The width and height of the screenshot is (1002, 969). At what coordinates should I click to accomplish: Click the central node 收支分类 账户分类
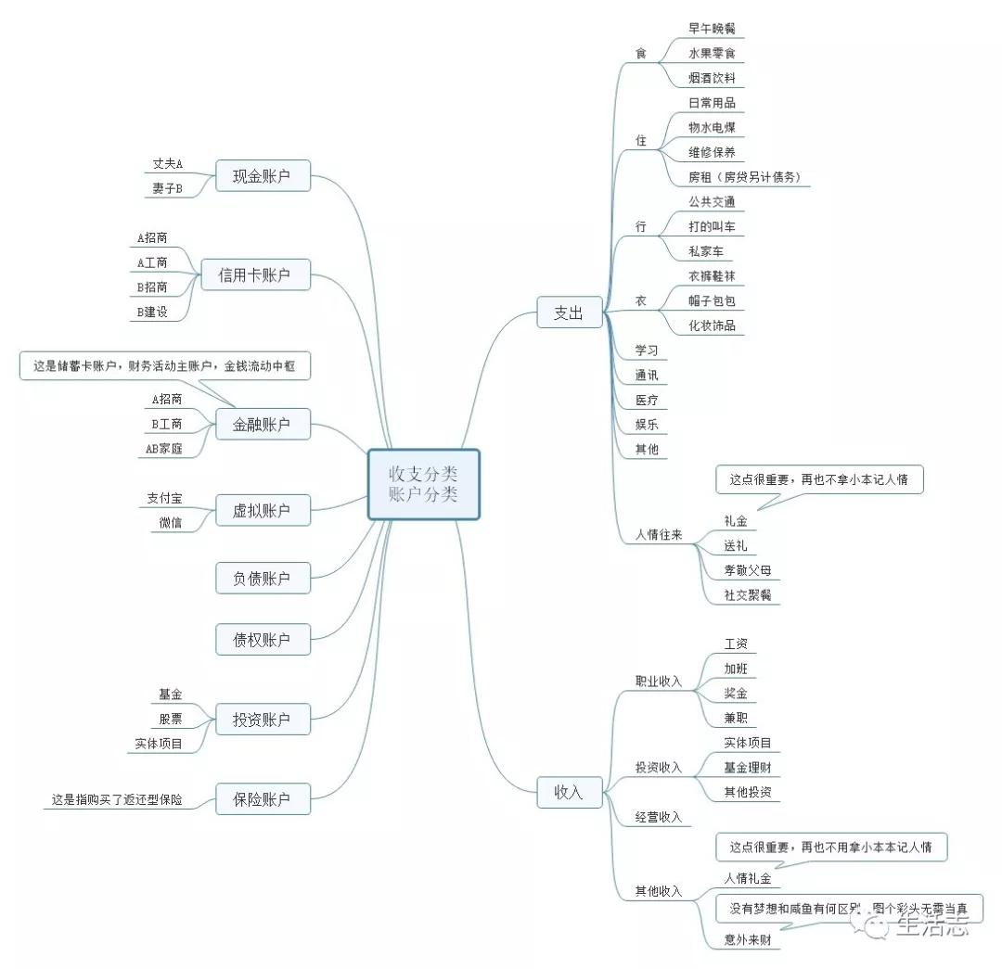coord(423,483)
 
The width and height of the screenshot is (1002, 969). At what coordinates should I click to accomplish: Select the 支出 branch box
coord(569,312)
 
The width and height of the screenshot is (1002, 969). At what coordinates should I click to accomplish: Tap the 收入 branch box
coord(569,792)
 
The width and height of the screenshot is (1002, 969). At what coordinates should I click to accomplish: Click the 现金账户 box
coord(263,175)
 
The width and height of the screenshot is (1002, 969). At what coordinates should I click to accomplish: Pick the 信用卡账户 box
coord(254,274)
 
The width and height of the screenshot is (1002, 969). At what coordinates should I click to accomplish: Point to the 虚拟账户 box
coord(263,510)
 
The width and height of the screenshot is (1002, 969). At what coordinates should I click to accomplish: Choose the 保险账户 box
coord(263,798)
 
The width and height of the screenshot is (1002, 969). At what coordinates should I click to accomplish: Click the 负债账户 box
coord(263,579)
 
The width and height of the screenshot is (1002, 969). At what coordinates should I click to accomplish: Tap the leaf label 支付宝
coord(164,499)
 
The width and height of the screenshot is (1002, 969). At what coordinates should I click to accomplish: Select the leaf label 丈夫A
coord(168,164)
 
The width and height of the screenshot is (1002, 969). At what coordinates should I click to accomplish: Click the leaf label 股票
coord(170,719)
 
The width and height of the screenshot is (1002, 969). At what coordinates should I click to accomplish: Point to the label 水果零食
coord(712,54)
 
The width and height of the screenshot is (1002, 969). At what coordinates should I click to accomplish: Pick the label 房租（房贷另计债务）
coord(744,176)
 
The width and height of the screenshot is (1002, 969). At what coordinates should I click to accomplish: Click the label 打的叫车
coord(712,226)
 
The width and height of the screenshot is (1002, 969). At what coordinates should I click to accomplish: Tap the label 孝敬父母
coord(747,570)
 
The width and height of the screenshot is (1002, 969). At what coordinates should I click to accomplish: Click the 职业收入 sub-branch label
coord(658,682)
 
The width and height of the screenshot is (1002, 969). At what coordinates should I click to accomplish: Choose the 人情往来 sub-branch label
coord(658,535)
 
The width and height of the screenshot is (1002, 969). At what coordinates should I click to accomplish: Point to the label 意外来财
coord(747,940)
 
